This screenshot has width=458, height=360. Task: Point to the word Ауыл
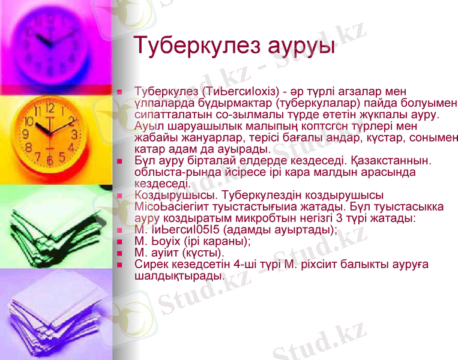pos(149,126)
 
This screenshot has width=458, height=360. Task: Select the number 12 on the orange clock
pos(49,109)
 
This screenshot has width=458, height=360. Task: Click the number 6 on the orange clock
pos(50,161)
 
